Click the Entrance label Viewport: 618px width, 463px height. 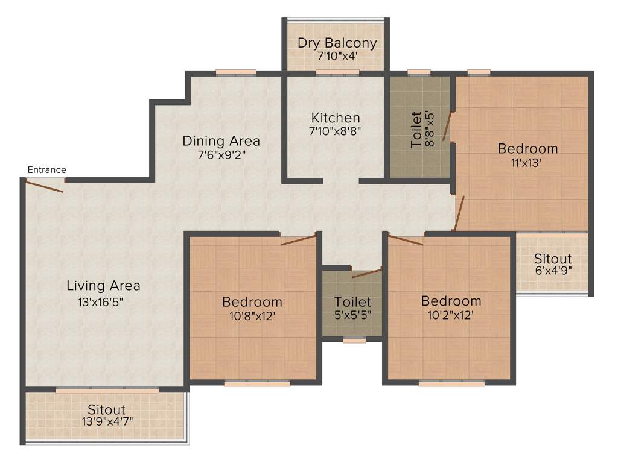tap(46, 170)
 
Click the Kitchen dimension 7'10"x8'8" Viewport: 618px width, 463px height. tap(336, 130)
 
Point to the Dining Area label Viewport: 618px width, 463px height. tap(221, 141)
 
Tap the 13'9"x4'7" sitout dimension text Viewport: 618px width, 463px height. tap(107, 421)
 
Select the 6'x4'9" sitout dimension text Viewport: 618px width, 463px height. tap(552, 271)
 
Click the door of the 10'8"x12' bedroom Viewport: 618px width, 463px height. tap(298, 240)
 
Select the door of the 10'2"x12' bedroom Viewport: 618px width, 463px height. tap(406, 241)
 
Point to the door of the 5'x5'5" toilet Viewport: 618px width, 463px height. tap(367, 274)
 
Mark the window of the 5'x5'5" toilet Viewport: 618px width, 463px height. tap(353, 340)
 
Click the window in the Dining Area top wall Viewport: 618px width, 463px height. tap(235, 73)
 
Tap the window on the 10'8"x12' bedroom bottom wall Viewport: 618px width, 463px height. tap(256, 383)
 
